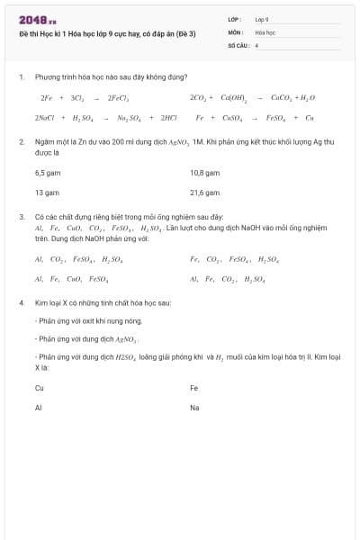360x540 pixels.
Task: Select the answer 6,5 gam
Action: point(47,172)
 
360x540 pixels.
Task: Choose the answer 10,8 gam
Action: point(205,172)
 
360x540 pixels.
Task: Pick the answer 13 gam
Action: point(47,193)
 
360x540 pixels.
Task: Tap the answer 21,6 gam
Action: point(205,193)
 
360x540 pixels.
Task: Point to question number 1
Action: point(21,77)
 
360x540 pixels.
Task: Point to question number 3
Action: point(21,217)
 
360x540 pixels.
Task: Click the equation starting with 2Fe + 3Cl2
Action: point(85,97)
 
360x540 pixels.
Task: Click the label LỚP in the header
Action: point(235,19)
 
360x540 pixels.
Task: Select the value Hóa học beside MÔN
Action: point(265,31)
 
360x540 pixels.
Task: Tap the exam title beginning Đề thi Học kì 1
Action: point(107,33)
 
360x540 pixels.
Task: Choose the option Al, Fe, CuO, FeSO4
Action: point(72,279)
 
